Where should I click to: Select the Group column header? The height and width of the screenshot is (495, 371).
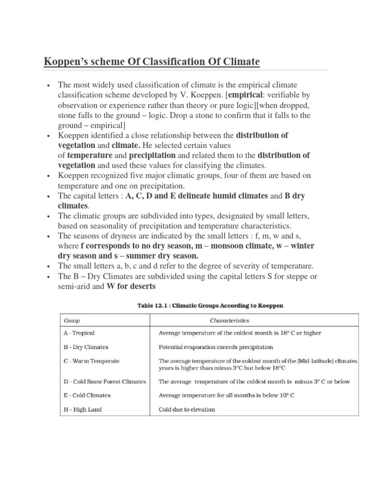click(72, 320)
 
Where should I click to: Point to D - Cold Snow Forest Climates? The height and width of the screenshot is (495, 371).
click(104, 381)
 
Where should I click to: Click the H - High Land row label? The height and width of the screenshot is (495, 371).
click(83, 409)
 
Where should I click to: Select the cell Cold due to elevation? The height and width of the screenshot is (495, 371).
click(187, 409)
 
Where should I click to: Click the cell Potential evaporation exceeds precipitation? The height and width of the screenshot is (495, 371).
click(216, 347)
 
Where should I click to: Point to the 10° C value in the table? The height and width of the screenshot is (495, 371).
click(285, 395)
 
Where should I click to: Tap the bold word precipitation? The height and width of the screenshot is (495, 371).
click(152, 156)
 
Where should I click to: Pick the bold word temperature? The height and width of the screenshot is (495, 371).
click(89, 156)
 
